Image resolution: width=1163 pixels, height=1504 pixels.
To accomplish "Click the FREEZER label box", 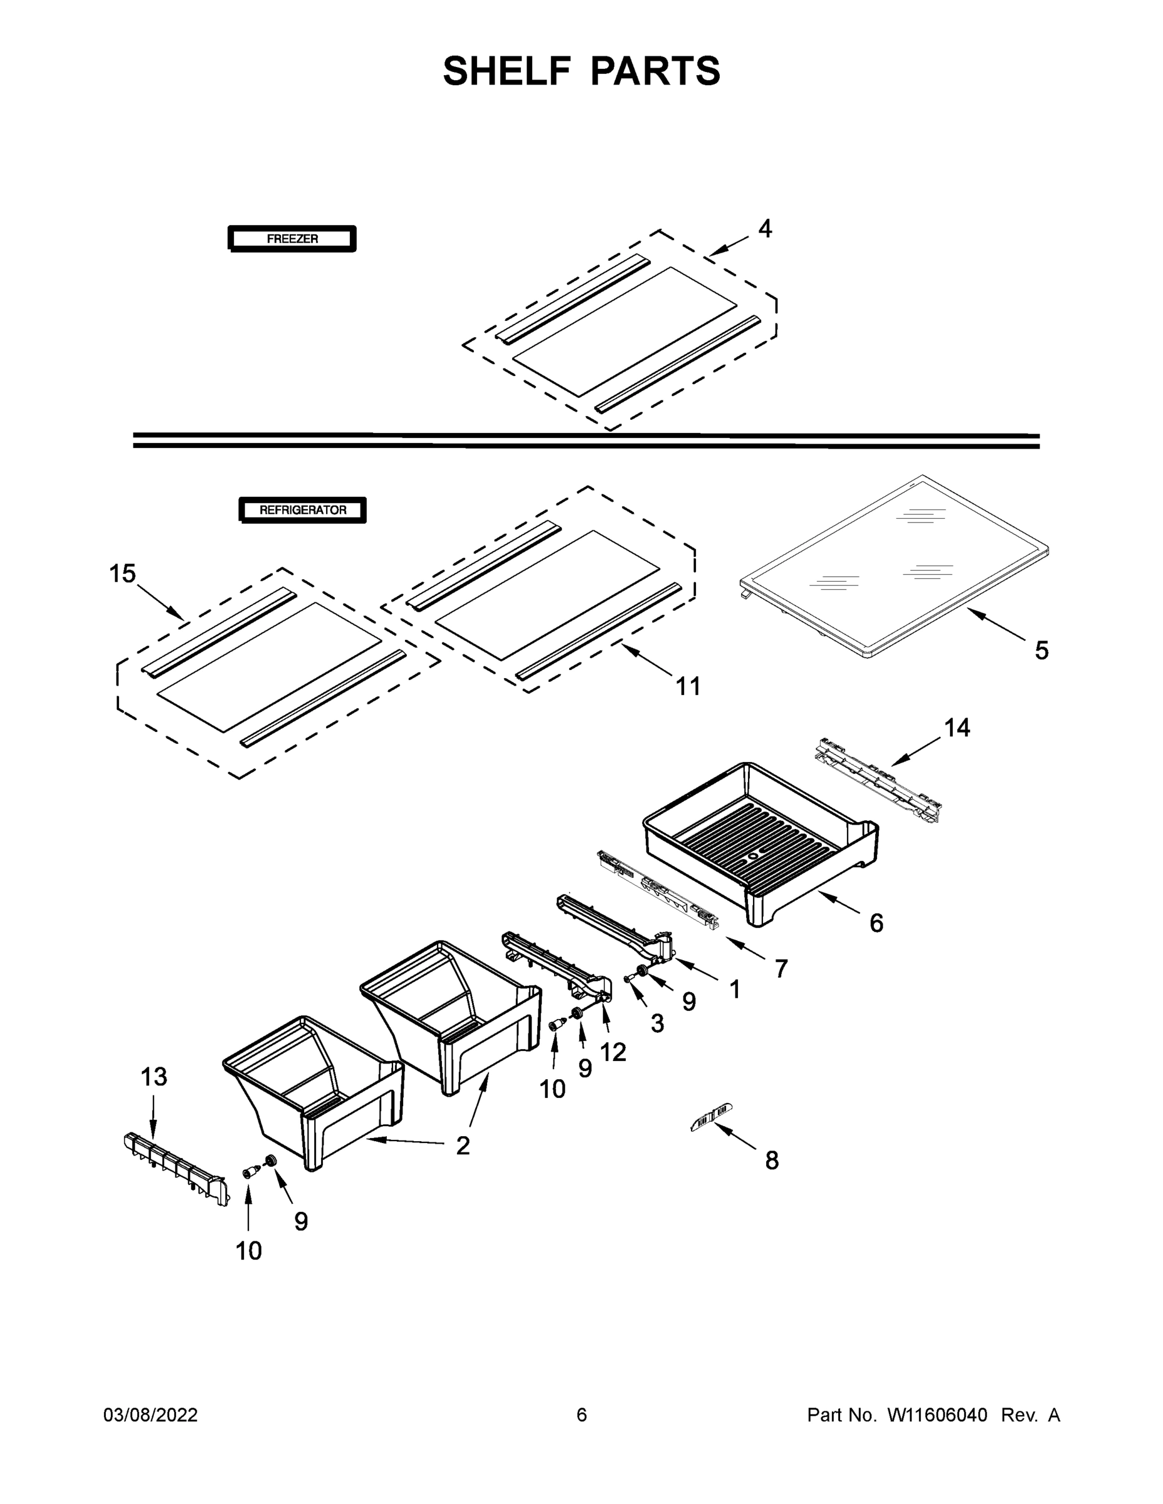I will [x=292, y=239].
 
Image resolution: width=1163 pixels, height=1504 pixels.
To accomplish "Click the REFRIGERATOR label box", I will [x=302, y=510].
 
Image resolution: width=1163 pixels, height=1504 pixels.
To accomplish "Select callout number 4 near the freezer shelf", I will [x=765, y=229].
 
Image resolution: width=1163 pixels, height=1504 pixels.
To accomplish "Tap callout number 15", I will [x=123, y=573].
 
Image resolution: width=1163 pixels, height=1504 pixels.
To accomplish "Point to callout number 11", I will [x=688, y=686].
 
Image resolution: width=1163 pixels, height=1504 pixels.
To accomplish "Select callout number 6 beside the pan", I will [x=876, y=923].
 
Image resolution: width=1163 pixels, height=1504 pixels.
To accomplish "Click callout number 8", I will [x=772, y=1161].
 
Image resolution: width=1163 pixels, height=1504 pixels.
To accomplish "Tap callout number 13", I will [x=154, y=1077].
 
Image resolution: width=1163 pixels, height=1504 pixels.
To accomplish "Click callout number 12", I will [x=613, y=1052].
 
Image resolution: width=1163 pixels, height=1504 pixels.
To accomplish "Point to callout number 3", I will [x=657, y=1024].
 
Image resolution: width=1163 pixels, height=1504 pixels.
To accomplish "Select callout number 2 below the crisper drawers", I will [x=463, y=1145].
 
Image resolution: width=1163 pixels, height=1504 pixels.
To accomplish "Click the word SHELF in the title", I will [x=507, y=71].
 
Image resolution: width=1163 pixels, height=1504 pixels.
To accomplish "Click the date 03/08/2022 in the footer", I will [x=150, y=1415].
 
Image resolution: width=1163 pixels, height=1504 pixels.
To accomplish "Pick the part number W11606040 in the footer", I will [x=937, y=1415].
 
